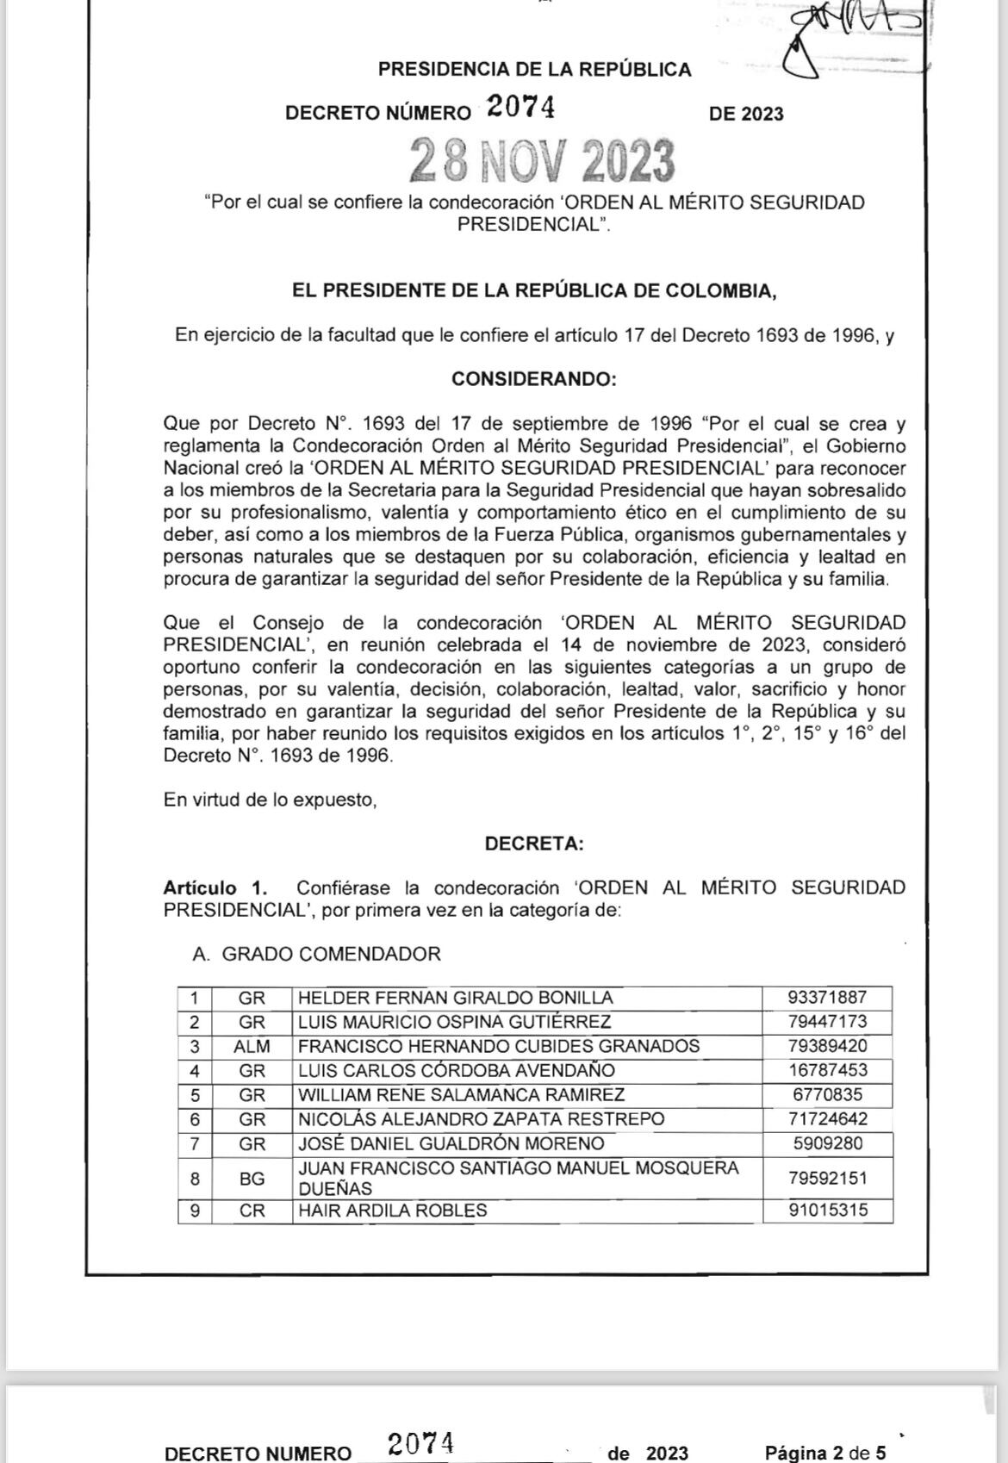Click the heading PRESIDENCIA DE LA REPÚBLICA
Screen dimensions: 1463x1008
point(534,70)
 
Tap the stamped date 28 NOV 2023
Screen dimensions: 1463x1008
point(542,161)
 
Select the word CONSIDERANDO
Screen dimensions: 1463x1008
point(534,379)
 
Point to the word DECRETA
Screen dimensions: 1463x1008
point(534,844)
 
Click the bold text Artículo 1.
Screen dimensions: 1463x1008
point(215,887)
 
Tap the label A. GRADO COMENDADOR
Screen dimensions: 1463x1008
point(317,954)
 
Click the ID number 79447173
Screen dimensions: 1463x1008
point(827,1022)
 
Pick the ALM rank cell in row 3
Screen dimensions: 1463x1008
point(252,1046)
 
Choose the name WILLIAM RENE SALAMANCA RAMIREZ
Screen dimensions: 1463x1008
point(461,1094)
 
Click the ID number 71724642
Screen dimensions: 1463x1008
point(827,1118)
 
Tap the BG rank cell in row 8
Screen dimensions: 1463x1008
point(252,1179)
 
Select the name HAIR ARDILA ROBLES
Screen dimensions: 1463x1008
point(392,1210)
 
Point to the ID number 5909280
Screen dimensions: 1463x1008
point(827,1143)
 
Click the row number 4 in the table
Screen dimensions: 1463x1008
point(195,1070)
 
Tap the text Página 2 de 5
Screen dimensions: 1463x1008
point(824,1453)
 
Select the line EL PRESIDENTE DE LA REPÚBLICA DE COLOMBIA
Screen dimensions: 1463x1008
point(534,290)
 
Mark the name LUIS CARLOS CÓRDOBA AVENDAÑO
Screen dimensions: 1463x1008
point(457,1070)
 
